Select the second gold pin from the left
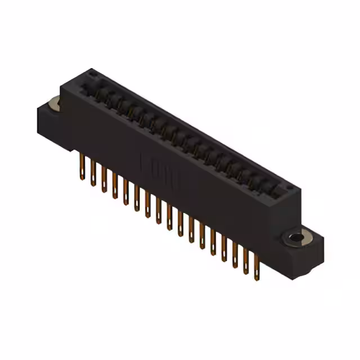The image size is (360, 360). pos(93,174)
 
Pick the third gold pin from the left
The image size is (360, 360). pos(104,181)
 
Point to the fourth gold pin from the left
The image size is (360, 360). pos(115,187)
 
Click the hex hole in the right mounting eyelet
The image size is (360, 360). pos(296,238)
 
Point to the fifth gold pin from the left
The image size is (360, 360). pos(125,193)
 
